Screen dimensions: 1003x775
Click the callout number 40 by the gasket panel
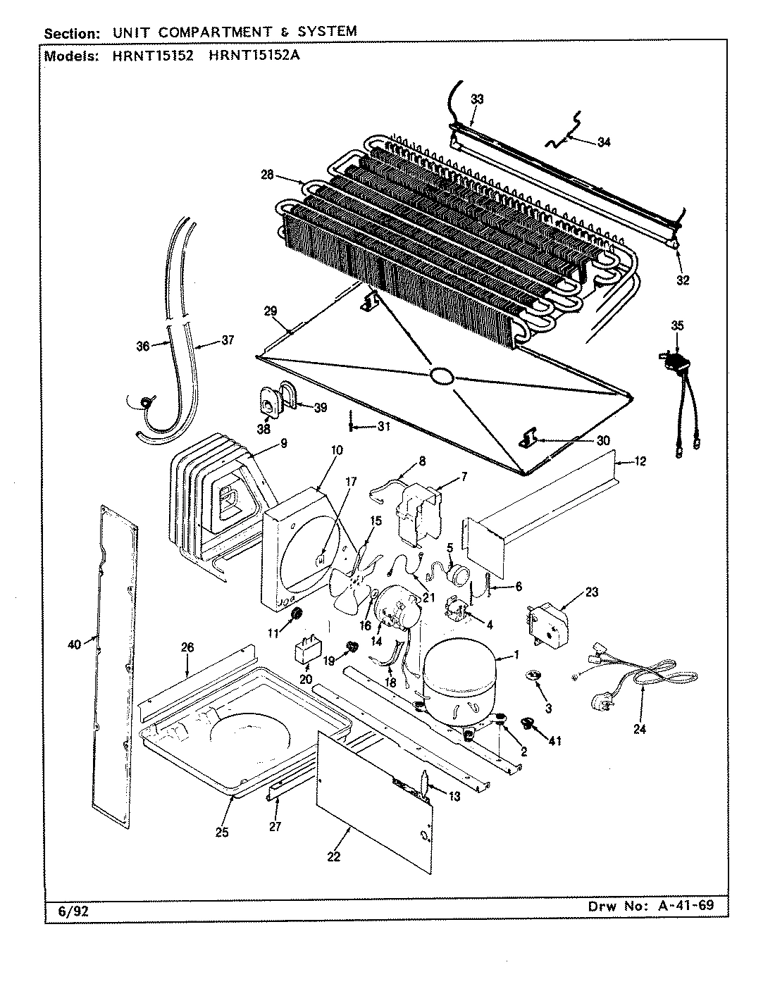[75, 642]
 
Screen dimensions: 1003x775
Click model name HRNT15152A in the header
[254, 57]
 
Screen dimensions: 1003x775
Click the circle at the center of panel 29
[442, 376]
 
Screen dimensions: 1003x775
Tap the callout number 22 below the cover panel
[333, 856]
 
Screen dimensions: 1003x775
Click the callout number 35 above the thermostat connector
[677, 325]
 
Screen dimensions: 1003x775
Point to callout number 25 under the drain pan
[221, 833]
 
